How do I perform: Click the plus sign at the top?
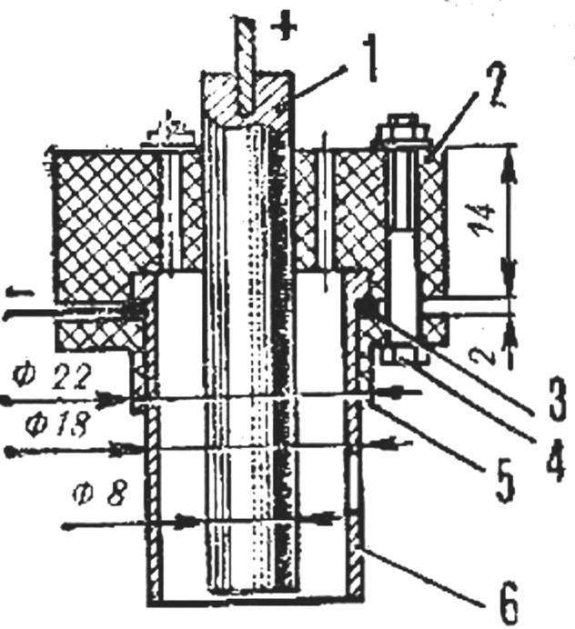point(284,26)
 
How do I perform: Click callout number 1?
point(372,58)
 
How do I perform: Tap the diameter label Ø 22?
point(50,378)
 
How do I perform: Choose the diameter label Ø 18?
point(56,425)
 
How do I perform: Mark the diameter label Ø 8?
point(101,494)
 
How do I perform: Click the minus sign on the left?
point(18,294)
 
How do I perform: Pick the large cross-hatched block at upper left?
point(106,225)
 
